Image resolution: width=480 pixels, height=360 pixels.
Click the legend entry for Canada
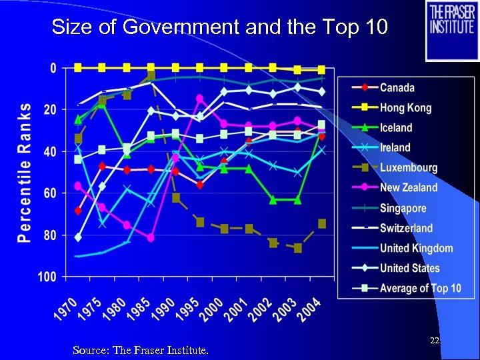point(397,88)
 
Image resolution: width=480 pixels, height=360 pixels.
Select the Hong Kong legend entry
point(405,108)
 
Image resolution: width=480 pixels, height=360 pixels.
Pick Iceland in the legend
point(396,128)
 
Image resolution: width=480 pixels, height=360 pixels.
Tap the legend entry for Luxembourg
point(408,168)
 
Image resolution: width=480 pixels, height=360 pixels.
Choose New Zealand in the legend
point(408,188)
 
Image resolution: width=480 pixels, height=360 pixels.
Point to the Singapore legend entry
point(403,208)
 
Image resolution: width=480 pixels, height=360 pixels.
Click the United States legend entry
point(409,268)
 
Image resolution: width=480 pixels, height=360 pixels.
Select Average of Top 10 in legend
point(420,288)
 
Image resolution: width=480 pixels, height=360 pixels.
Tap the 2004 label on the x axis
point(309,311)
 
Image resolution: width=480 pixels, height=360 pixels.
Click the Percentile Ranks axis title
point(24,172)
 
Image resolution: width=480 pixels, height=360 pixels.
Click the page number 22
point(435,341)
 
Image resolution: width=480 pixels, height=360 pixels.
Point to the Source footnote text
point(140,349)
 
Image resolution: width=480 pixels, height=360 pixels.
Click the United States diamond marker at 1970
point(79,237)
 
